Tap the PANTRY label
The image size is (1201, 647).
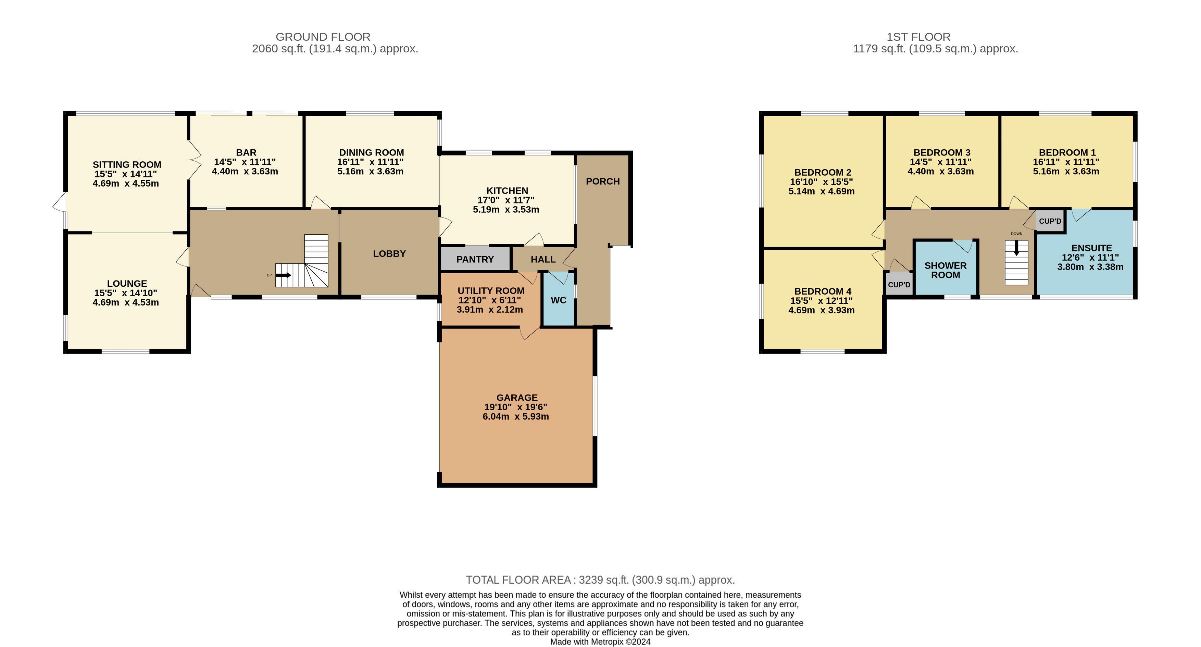click(475, 260)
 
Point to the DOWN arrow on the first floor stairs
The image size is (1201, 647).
click(1016, 248)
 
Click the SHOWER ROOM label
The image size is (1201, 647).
click(946, 270)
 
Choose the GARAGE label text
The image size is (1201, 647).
click(516, 398)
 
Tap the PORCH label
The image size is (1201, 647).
click(603, 181)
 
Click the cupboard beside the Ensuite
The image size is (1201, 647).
click(1050, 221)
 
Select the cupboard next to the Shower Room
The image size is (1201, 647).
click(899, 284)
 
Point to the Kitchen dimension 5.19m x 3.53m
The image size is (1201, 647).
click(506, 210)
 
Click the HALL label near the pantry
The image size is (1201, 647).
click(543, 260)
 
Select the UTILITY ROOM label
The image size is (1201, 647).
click(491, 291)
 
